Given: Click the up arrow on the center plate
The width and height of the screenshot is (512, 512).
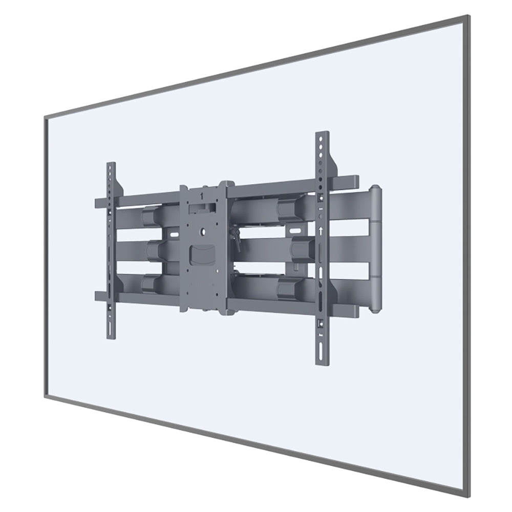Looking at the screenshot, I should pos(203,194).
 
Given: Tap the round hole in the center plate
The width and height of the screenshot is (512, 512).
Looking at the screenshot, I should pos(204,231).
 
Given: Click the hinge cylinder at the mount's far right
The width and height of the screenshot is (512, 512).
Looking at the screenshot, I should pos(376,248).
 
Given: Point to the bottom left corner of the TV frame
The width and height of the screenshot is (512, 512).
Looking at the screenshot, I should pos(46,396).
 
